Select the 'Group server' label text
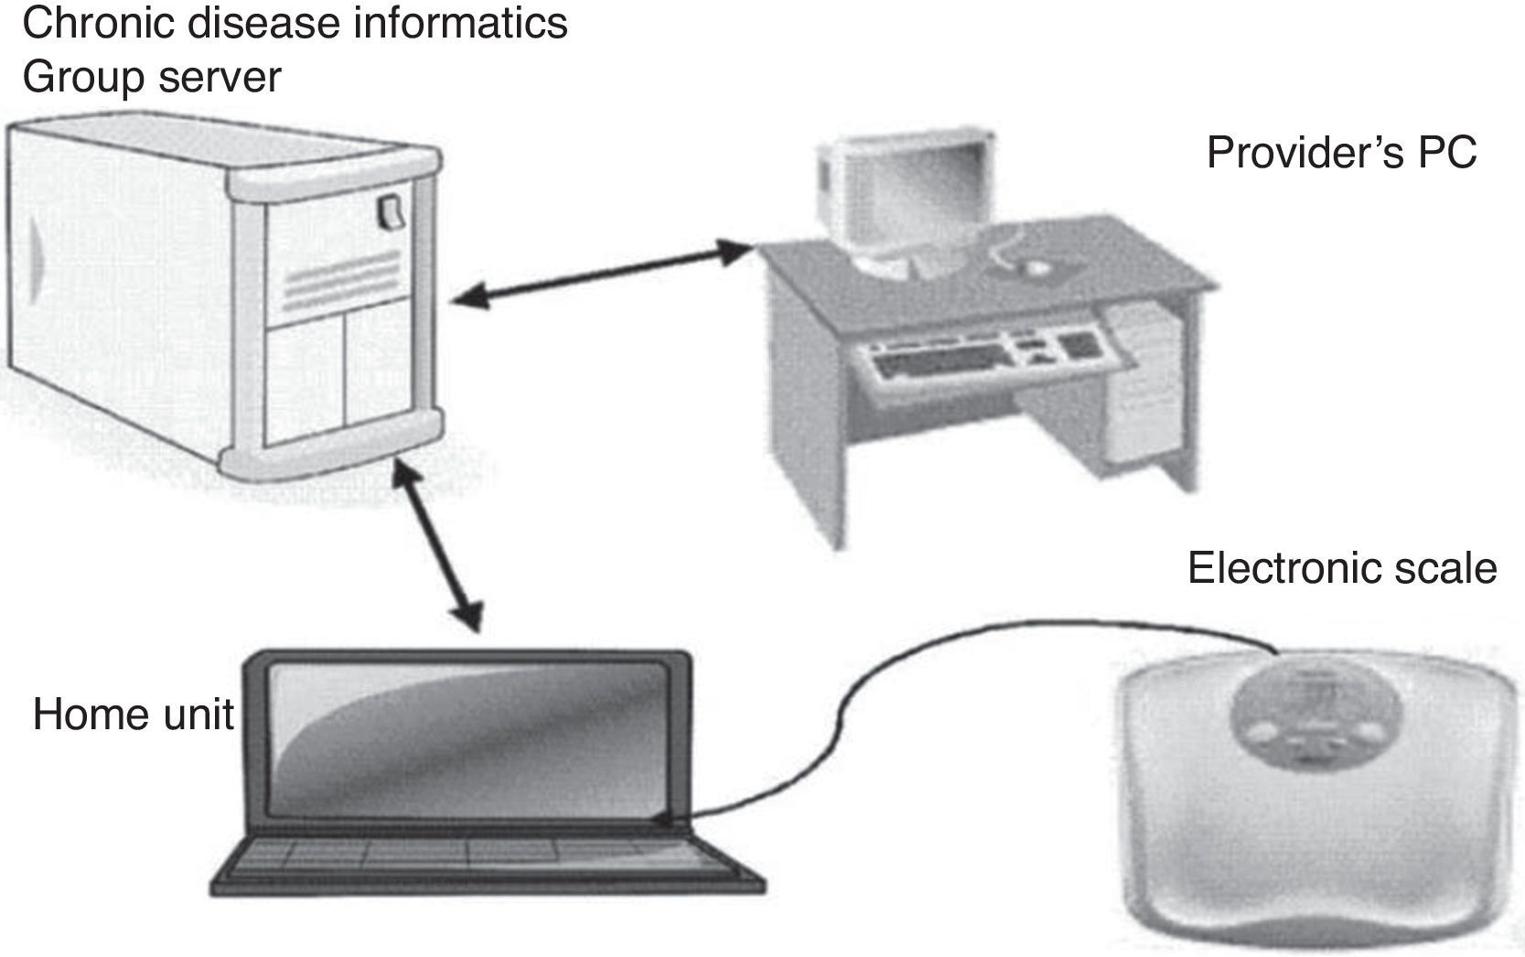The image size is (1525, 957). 151,77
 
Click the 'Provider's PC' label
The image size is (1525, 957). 1341,152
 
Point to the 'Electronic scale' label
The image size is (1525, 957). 1341,568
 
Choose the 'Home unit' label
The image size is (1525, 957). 134,715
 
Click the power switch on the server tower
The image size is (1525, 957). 391,212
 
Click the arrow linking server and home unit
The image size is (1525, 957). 438,545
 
